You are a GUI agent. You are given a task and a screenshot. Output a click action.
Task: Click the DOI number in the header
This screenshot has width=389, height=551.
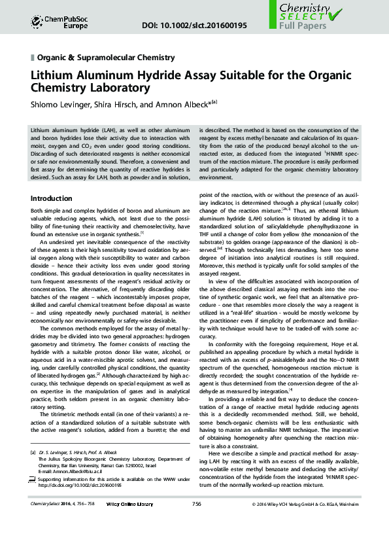point(194,26)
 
